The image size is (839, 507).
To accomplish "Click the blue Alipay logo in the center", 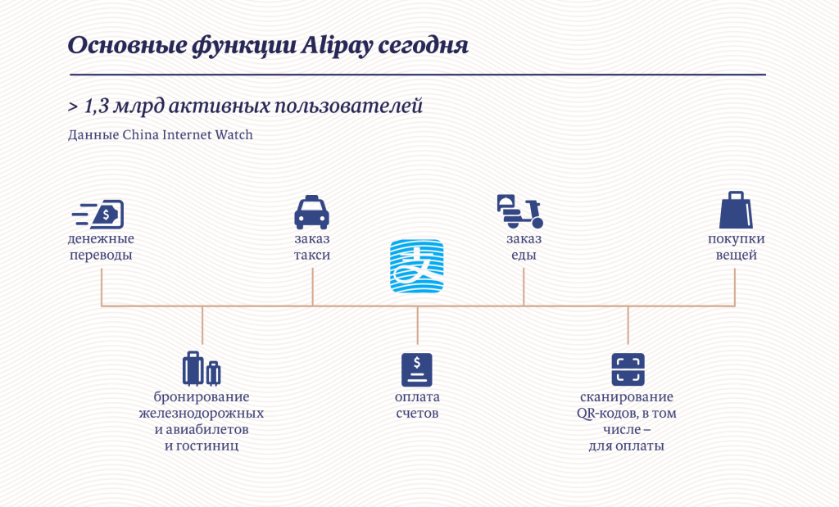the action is [x=417, y=266].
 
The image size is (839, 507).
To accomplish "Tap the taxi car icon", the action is [x=312, y=212].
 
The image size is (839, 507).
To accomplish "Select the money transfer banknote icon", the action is [x=98, y=215].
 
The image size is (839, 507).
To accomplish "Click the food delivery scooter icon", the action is [x=520, y=211].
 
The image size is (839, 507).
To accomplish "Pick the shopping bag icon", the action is [x=736, y=210].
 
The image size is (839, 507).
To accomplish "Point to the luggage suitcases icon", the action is [x=202, y=369].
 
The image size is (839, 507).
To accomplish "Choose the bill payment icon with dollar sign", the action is [x=417, y=369].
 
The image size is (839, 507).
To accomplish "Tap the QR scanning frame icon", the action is [x=628, y=369].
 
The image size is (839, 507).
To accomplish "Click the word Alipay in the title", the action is [x=336, y=47].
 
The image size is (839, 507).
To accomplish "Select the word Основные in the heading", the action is [x=126, y=46].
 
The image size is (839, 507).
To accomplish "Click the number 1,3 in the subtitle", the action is [x=97, y=106].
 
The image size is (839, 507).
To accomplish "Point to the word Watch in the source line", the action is [x=234, y=134].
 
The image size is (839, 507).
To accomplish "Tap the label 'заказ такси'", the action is [x=312, y=247].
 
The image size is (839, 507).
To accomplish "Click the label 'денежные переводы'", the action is [x=101, y=247].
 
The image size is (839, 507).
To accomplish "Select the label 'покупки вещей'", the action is [x=737, y=247].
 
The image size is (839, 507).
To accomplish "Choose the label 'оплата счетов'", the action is [x=417, y=405].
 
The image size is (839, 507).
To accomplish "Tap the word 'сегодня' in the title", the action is [x=424, y=47].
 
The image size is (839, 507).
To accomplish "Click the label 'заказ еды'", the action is [x=524, y=247].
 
